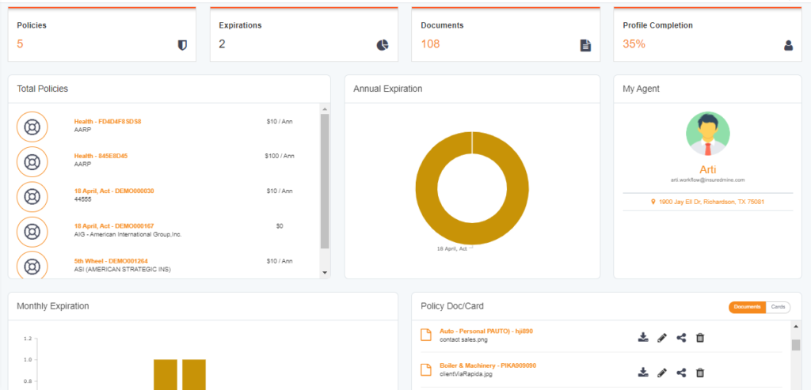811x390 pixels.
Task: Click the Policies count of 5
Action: click(20, 44)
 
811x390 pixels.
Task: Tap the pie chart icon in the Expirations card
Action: click(383, 45)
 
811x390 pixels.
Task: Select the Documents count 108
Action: click(430, 44)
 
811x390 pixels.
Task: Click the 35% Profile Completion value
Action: click(634, 44)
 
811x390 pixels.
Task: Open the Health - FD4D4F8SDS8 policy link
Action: click(108, 121)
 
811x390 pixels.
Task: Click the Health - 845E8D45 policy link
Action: click(101, 156)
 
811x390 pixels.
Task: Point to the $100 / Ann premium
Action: click(280, 156)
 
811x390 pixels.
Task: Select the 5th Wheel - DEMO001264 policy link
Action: click(111, 261)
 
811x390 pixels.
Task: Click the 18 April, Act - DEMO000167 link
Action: click(114, 225)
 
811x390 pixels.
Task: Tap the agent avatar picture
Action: click(707, 134)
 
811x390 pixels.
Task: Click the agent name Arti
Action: click(707, 169)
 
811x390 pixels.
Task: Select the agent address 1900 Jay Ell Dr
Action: click(707, 202)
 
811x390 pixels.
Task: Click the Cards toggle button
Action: click(778, 307)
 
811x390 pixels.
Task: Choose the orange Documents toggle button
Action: click(748, 307)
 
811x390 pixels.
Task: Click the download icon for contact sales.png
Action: click(643, 338)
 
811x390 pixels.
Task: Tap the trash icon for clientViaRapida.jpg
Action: click(700, 373)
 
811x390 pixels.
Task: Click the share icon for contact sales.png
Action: click(681, 338)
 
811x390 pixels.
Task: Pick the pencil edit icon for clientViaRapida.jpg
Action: click(662, 373)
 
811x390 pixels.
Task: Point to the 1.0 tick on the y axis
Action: click(28, 359)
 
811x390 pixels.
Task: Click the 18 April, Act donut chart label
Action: click(452, 248)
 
